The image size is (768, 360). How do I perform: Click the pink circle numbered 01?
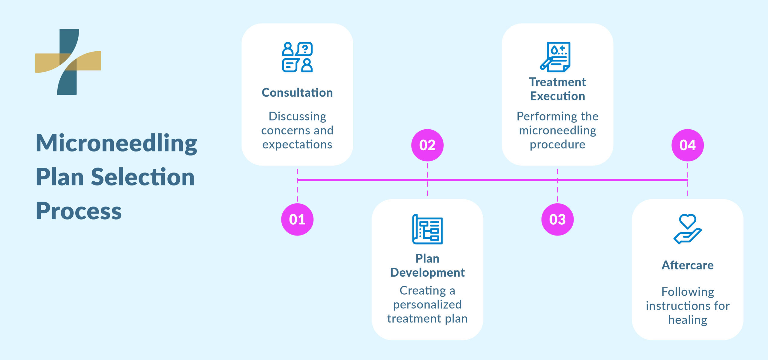coord(297,219)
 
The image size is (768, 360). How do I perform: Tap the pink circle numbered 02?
coord(427,145)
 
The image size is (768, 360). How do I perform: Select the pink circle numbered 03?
coord(557,219)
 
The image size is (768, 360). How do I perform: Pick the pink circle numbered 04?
coord(687,145)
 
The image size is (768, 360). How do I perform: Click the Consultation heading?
coord(297,92)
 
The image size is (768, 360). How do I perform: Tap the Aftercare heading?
coord(687,265)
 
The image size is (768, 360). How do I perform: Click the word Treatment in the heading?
coord(557,82)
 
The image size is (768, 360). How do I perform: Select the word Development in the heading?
coord(427,272)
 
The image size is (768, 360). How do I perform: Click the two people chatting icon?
coord(297,57)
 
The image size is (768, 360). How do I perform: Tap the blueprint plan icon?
coord(427,229)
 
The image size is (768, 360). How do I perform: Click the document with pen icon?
coord(556,57)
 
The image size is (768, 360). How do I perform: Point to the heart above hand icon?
coord(687,229)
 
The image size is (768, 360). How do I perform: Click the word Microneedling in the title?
coord(116,143)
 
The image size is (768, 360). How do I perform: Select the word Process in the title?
coord(79,211)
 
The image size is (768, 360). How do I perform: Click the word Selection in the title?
coord(142,177)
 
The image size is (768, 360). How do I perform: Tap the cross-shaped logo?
coord(68,62)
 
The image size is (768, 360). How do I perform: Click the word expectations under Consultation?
coord(297,145)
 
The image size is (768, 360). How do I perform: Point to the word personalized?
coord(427,304)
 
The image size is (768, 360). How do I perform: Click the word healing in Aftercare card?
coord(687,320)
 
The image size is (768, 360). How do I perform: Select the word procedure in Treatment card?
coord(557,145)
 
